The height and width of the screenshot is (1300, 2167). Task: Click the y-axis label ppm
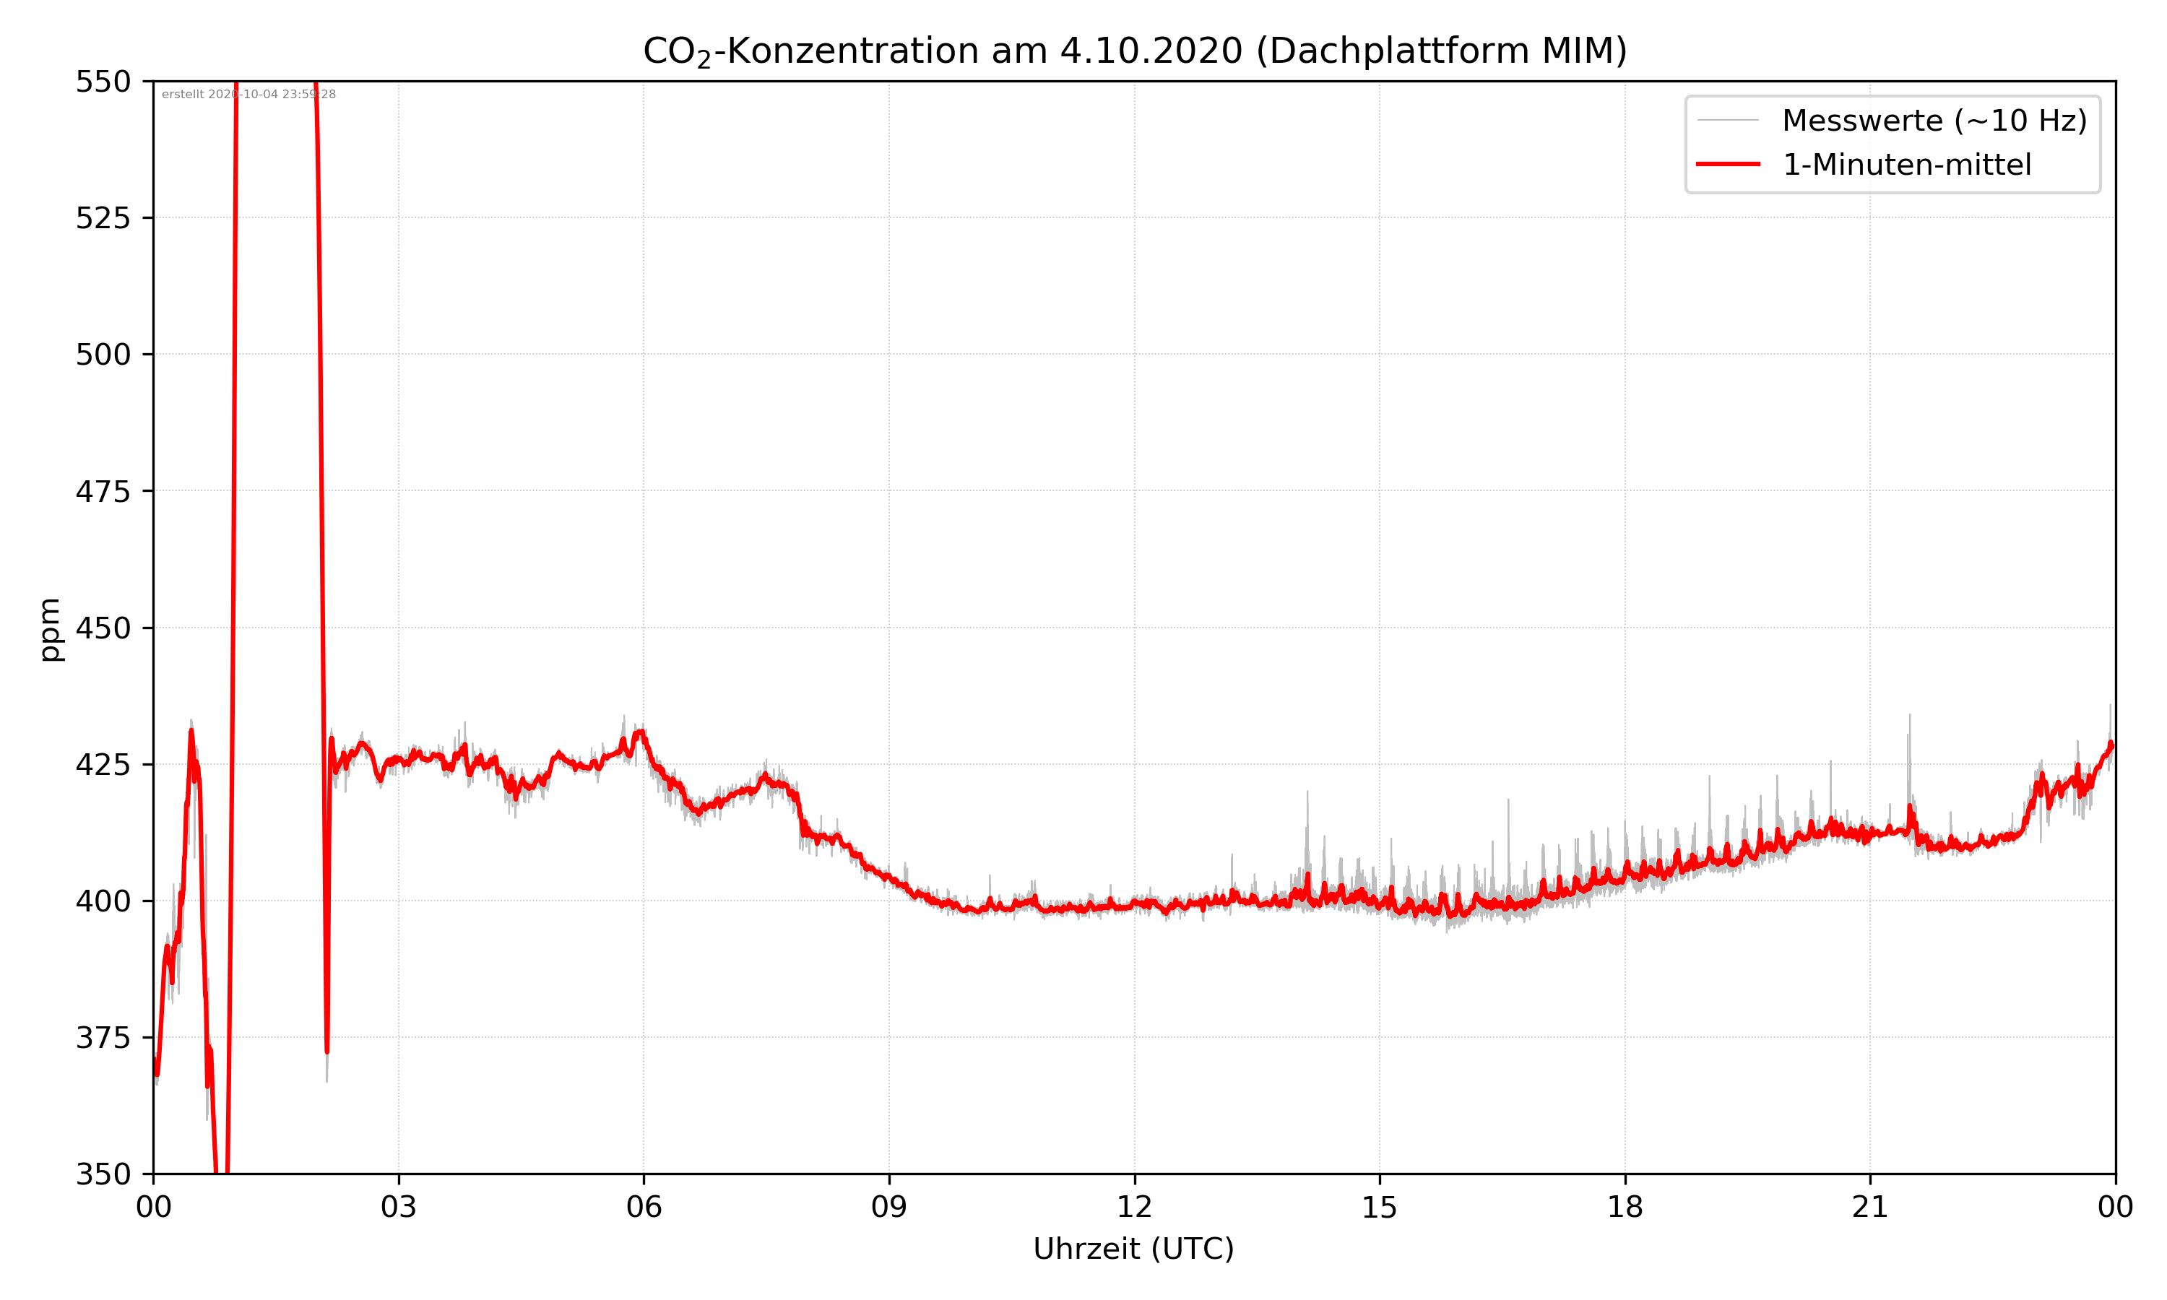coord(51,629)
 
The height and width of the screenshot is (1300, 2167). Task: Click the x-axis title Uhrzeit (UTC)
coord(1133,1248)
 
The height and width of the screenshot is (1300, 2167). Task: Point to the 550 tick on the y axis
coord(103,82)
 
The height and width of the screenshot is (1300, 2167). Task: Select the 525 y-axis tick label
coord(103,218)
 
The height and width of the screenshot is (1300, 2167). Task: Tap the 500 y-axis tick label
coord(103,355)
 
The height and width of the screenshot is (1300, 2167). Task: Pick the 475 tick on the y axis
coord(103,491)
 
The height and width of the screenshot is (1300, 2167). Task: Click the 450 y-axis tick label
coord(103,628)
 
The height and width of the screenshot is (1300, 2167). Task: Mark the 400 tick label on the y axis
coord(103,901)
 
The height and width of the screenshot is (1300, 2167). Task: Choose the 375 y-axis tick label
coord(103,1038)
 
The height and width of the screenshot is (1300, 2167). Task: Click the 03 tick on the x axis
coord(399,1207)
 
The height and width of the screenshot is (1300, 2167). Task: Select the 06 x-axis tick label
coord(644,1207)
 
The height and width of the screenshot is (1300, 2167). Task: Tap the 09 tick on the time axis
coord(889,1207)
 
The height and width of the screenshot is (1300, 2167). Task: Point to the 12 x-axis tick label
coord(1134,1207)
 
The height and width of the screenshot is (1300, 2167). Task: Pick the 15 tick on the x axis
coord(1380,1207)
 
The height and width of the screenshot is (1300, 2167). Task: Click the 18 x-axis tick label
coord(1625,1207)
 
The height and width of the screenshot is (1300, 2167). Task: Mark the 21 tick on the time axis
coord(1870,1207)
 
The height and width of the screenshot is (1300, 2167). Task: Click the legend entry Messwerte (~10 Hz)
coord(1934,121)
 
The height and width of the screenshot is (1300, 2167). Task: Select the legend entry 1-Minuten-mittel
coord(1906,165)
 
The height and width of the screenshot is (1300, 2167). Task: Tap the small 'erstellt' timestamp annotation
coord(248,95)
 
